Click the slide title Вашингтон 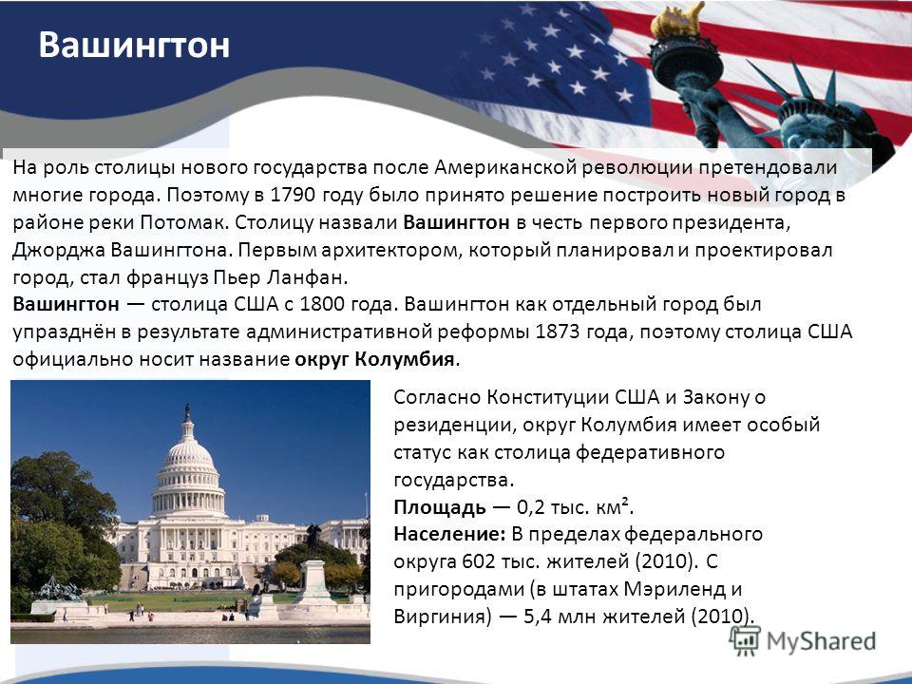134,46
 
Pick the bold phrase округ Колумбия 374,359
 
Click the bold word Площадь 440,507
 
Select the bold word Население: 450,534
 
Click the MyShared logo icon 745,641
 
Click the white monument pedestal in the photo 314,581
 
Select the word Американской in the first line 506,167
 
